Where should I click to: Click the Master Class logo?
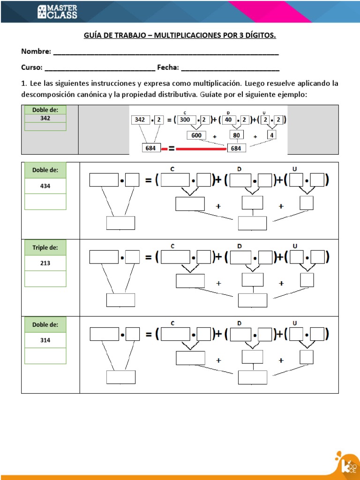coord(57,12)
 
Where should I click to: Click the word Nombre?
coord(36,51)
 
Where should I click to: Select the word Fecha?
coord(168,67)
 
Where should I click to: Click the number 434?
coord(45,186)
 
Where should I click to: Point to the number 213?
coord(45,263)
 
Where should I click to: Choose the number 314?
coord(45,340)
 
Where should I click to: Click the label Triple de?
coord(45,247)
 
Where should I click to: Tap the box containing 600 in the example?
coord(196,135)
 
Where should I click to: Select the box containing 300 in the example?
coord(185,120)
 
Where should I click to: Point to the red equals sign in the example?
coord(172,149)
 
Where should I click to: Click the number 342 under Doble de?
coord(45,119)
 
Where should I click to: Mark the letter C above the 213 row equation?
coord(172,246)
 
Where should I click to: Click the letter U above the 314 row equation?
coord(295,323)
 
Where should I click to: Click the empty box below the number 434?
coord(45,202)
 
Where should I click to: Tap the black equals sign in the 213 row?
coord(148,257)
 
